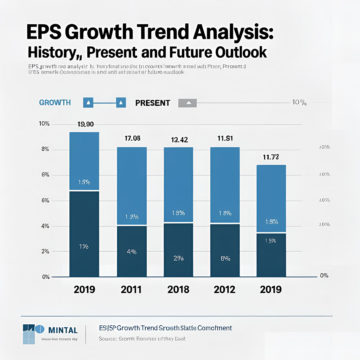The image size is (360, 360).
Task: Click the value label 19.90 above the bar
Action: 85,125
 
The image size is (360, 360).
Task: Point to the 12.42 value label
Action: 179,140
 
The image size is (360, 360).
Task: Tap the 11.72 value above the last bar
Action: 271,157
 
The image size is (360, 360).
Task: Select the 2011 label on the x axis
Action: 131,289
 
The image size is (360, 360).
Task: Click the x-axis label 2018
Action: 179,289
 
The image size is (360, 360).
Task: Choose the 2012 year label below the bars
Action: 224,289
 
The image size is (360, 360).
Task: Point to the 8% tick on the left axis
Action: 45,149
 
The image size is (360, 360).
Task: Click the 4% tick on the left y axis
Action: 45,226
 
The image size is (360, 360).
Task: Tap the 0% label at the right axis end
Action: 324,276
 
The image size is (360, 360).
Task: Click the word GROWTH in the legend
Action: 55,103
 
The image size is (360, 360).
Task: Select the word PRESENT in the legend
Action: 153,103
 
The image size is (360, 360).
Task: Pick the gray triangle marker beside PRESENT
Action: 188,103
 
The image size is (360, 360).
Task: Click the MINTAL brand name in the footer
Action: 63,331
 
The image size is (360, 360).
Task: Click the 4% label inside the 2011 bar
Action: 131,252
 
